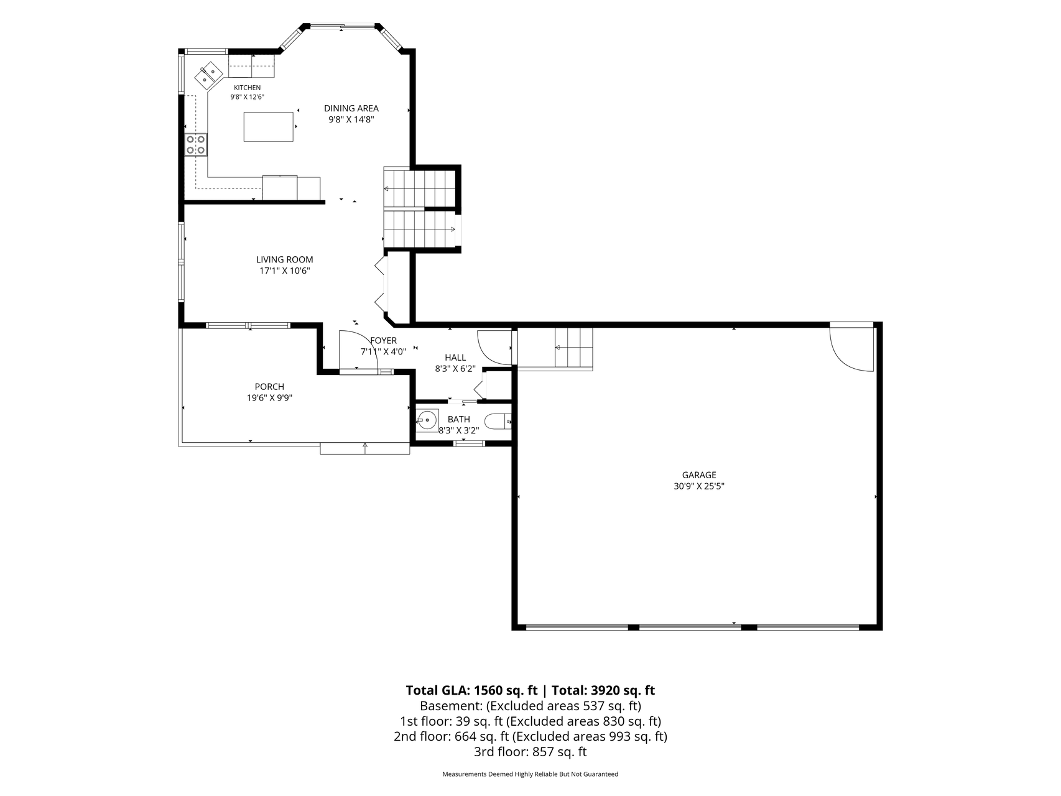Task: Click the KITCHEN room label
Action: (x=247, y=88)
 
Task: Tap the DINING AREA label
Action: (x=351, y=108)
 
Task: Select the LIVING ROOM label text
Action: (x=285, y=259)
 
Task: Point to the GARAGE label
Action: (x=699, y=475)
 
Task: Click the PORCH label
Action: (x=269, y=387)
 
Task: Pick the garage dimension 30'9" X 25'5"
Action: (x=699, y=486)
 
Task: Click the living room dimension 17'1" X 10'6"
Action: (x=285, y=271)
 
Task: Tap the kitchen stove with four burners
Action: (x=196, y=144)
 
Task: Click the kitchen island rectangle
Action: (x=269, y=127)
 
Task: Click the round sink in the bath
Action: (x=427, y=420)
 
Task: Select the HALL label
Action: (x=455, y=358)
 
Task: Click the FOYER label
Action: (x=383, y=341)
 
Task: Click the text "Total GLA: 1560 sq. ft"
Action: (x=471, y=690)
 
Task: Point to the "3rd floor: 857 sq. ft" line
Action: (x=530, y=752)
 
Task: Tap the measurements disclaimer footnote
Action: (x=530, y=774)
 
